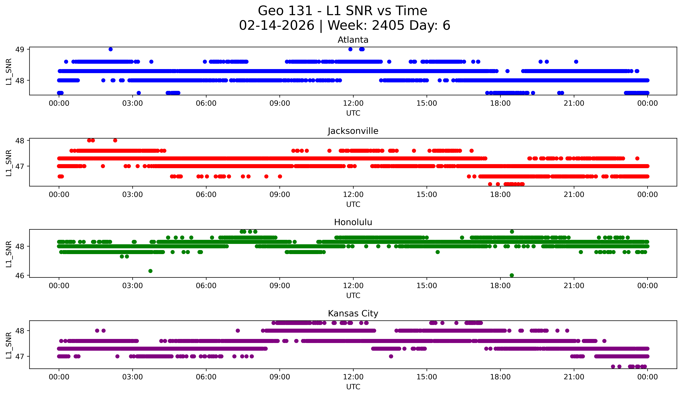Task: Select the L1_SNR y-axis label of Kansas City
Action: (9, 345)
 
